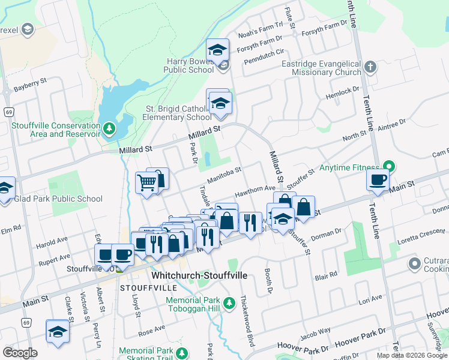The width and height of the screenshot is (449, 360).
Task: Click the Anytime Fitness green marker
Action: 389,166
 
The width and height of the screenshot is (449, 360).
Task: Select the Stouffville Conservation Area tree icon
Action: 109,128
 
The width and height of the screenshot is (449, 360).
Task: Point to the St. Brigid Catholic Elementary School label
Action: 177,113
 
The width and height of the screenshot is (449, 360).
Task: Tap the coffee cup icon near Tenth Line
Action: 378,179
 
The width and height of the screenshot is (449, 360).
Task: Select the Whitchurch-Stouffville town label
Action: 199,275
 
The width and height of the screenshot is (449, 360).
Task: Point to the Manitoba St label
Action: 224,175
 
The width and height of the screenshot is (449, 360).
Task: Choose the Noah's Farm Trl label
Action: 260,28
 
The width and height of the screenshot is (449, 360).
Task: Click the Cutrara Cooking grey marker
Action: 414,263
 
